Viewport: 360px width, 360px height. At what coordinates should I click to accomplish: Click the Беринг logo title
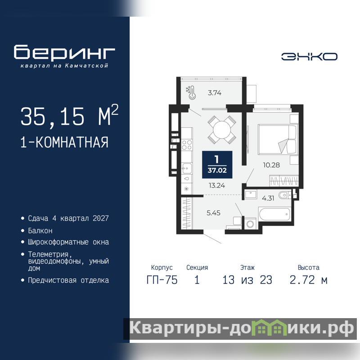pyautogui.click(x=64, y=52)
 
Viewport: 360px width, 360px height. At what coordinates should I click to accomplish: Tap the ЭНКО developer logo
pyautogui.click(x=309, y=57)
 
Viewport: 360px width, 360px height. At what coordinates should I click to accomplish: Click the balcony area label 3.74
pyautogui.click(x=215, y=93)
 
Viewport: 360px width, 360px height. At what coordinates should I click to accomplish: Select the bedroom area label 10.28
pyautogui.click(x=271, y=165)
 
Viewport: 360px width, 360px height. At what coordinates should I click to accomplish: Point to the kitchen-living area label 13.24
pyautogui.click(x=217, y=185)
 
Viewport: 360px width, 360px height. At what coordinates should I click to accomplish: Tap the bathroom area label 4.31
pyautogui.click(x=268, y=198)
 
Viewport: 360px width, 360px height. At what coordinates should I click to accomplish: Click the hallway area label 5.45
pyautogui.click(x=213, y=213)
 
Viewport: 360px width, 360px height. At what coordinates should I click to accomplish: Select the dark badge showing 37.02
pyautogui.click(x=217, y=165)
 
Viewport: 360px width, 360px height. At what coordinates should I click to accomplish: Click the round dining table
pyautogui.click(x=222, y=130)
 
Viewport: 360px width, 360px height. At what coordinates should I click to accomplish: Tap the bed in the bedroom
pyautogui.click(x=277, y=139)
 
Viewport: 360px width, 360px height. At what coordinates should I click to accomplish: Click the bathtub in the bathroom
pyautogui.click(x=274, y=214)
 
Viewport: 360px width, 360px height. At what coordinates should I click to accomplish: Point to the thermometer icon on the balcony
pyautogui.click(x=192, y=93)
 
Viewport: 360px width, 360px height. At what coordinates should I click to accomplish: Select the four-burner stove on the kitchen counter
pyautogui.click(x=187, y=145)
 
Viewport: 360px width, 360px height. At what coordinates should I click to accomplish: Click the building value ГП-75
pyautogui.click(x=162, y=280)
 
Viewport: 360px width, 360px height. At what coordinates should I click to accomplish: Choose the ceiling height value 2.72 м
pyautogui.click(x=308, y=280)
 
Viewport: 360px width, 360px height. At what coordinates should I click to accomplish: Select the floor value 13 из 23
pyautogui.click(x=247, y=280)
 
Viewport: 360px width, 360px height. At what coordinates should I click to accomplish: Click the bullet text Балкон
pyautogui.click(x=40, y=230)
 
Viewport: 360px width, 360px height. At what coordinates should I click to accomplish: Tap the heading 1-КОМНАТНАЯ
pyautogui.click(x=64, y=142)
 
